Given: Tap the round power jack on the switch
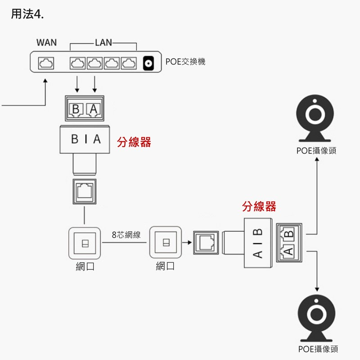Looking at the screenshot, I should (x=148, y=63).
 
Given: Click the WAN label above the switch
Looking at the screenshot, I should (x=46, y=43).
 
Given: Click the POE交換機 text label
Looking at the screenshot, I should (x=185, y=62).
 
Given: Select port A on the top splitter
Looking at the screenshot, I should (x=93, y=109).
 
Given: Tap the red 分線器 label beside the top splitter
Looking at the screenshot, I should (x=134, y=143).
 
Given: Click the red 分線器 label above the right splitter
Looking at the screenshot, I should (x=259, y=207).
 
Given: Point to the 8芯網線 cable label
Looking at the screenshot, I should (x=126, y=235).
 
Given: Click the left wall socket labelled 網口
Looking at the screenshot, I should (x=85, y=243).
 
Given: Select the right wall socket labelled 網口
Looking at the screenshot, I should (x=165, y=243).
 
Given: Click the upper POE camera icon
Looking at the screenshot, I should (x=316, y=118).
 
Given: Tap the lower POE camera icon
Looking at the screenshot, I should (x=317, y=317).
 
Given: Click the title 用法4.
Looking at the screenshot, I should (x=27, y=14).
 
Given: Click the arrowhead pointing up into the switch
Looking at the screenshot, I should (x=45, y=81).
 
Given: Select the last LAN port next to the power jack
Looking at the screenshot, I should (x=129, y=63).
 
